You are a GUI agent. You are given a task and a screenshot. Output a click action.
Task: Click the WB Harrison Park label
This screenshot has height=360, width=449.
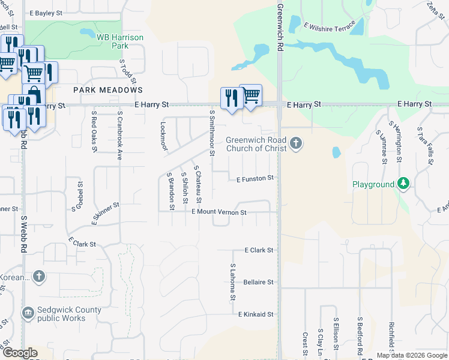[x=120, y=41]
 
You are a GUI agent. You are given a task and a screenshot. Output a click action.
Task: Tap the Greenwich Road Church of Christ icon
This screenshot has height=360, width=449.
[x=295, y=143]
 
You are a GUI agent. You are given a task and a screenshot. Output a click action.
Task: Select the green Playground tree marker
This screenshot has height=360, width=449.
[x=404, y=184]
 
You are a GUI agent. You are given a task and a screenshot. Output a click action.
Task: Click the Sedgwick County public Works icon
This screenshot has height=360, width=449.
[x=28, y=313]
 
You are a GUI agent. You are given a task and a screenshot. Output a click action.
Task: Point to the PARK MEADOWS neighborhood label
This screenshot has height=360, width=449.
[x=108, y=90]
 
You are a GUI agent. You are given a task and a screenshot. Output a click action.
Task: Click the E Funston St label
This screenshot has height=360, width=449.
[x=255, y=178]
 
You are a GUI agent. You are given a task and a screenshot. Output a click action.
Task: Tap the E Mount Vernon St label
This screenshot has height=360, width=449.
[x=219, y=212]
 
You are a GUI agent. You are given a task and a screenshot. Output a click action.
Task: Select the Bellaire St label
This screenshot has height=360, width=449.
[x=259, y=282]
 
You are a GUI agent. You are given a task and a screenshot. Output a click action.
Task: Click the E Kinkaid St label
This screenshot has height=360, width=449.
[x=256, y=314]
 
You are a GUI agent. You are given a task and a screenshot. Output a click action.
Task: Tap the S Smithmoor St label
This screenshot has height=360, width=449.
[x=212, y=132]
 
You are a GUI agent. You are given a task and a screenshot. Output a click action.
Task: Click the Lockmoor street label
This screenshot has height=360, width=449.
[x=163, y=136]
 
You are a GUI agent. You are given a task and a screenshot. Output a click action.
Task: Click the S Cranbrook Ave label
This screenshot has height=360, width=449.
[x=119, y=135]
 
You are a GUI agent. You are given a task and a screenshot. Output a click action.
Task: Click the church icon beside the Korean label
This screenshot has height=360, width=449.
[x=39, y=276]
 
